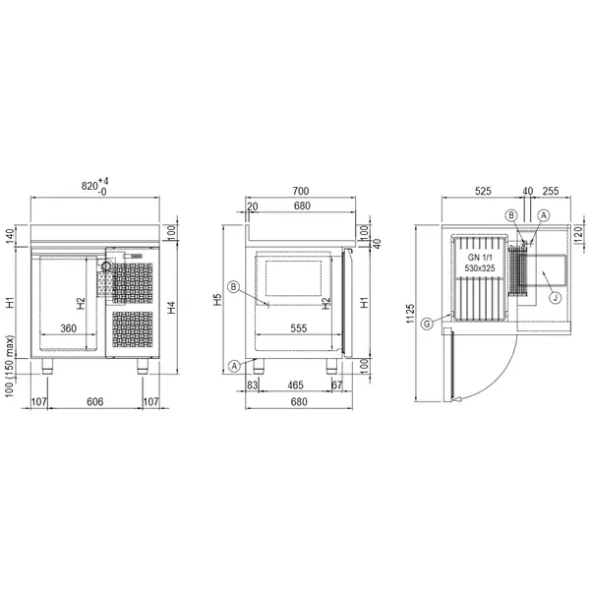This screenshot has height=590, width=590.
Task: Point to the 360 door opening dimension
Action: pyautogui.click(x=69, y=327)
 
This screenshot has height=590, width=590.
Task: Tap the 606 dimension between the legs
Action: pyautogui.click(x=95, y=402)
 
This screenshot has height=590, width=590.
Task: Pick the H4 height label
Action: pyautogui.click(x=172, y=306)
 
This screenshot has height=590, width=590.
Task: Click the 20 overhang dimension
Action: pyautogui.click(x=253, y=206)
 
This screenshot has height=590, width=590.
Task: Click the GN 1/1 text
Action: pyautogui.click(x=480, y=254)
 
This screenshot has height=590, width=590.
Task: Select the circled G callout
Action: pyautogui.click(x=426, y=323)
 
